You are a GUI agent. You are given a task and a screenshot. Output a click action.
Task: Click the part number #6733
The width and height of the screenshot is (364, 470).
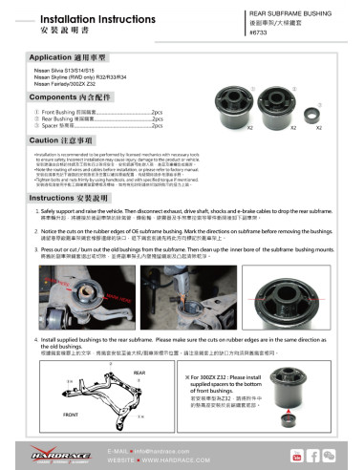258,32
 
